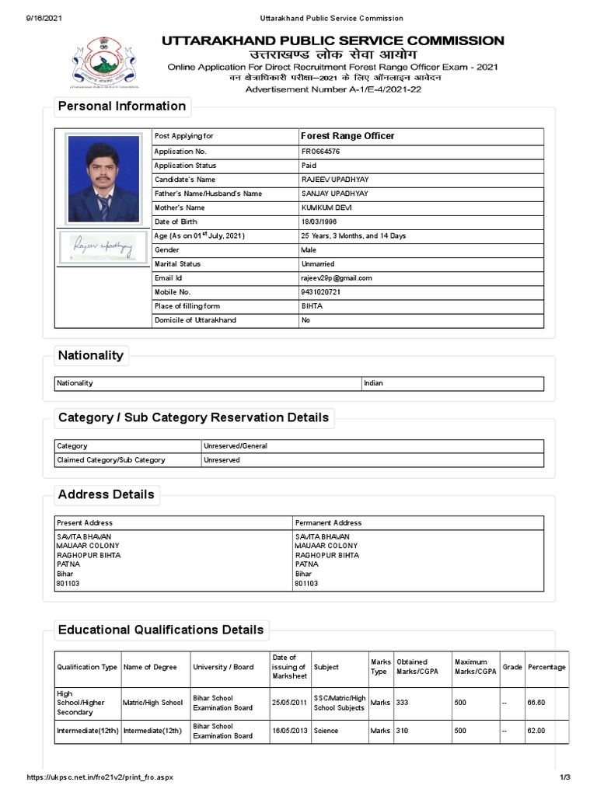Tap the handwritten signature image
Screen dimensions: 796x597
pos(103,247)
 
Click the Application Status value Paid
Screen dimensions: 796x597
pos(309,166)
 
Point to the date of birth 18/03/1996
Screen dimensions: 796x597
pos(319,222)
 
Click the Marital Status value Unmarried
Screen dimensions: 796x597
pos(317,264)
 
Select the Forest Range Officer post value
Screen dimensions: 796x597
pos(347,136)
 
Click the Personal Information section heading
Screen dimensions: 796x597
pos(122,106)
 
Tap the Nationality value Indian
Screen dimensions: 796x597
pos(373,383)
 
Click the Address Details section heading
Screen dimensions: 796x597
pos(106,494)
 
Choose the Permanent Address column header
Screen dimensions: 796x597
pos(328,523)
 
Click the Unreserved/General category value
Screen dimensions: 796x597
pos(236,446)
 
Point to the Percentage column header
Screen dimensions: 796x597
pos(546,667)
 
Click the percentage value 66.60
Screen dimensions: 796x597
pos(536,703)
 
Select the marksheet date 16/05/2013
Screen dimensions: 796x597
pos(288,731)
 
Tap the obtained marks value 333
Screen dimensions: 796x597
pos(402,703)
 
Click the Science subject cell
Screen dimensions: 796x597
pos(326,731)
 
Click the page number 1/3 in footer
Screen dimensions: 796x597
pos(565,778)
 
